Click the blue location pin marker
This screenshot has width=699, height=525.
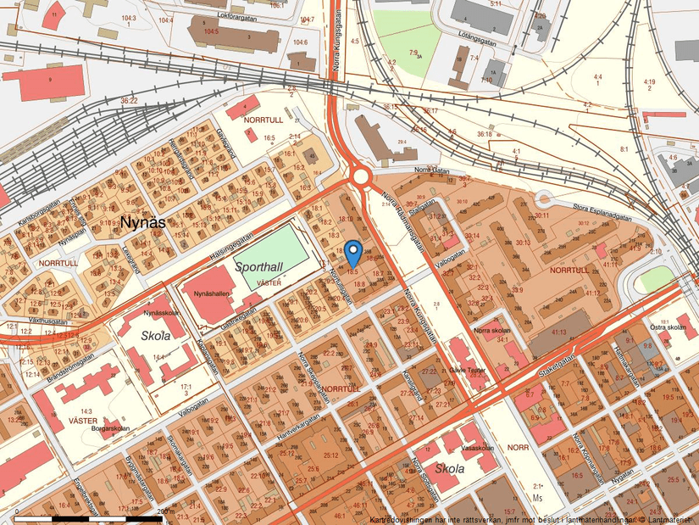pos(353,252)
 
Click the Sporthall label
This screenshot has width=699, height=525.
pos(259,266)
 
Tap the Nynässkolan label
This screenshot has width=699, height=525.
pos(161,312)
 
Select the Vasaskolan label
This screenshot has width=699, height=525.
pos(478,448)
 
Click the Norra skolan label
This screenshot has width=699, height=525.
pos(492,330)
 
